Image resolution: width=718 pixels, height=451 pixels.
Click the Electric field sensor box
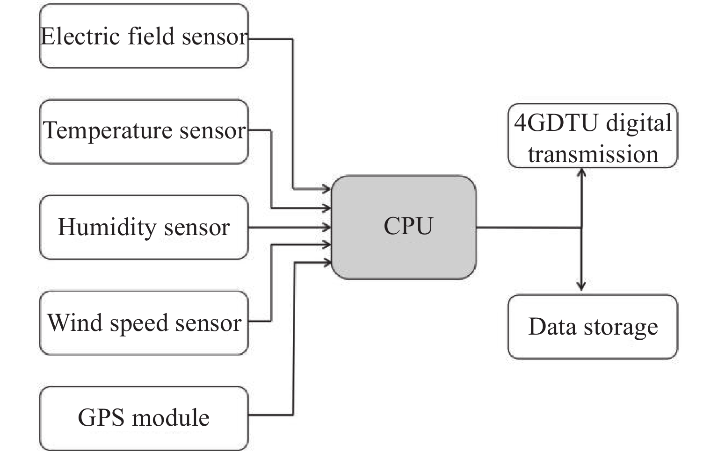[144, 36]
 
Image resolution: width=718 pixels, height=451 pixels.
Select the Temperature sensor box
[144, 132]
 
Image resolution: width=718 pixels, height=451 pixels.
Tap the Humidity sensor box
[144, 228]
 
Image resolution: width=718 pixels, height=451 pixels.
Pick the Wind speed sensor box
[144, 323]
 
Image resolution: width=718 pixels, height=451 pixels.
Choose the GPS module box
[144, 418]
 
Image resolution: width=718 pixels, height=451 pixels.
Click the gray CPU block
[404, 227]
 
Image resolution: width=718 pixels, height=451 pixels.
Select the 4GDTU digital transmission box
[593, 136]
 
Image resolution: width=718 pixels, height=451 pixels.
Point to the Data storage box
[593, 327]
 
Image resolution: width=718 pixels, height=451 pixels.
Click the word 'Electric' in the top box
[80, 36]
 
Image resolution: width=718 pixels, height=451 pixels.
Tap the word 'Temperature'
[108, 131]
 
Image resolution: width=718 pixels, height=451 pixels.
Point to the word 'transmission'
[593, 154]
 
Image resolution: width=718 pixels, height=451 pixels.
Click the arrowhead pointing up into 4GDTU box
[581, 172]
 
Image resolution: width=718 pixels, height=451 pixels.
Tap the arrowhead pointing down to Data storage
[581, 286]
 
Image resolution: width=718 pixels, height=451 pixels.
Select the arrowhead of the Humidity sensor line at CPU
[326, 228]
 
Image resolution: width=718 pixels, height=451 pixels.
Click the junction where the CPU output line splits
[581, 228]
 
